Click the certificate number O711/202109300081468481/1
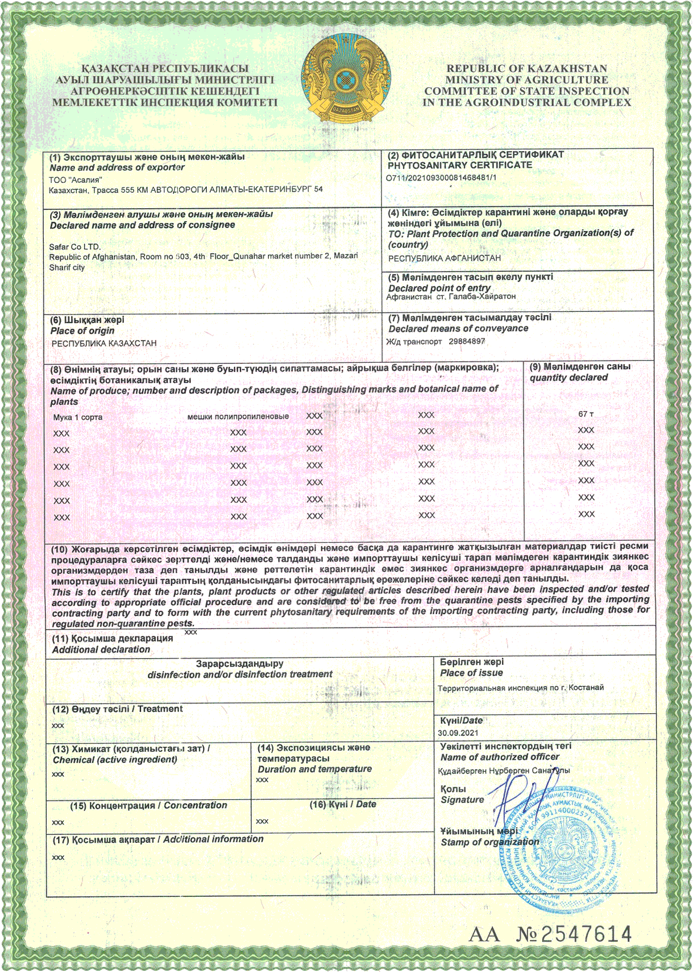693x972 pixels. coord(441,177)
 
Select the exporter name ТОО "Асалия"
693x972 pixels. coord(76,180)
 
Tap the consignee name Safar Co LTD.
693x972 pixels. coord(74,247)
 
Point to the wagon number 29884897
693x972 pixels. coord(467,341)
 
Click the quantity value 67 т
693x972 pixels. coord(586,414)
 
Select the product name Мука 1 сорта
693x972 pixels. coord(78,417)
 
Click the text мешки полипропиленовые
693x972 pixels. coord(238,417)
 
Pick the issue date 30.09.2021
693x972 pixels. coord(458,733)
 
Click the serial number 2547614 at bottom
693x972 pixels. coord(586,934)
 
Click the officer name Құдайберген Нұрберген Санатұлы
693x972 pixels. coord(504,771)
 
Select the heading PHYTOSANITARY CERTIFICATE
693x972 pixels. coord(460,166)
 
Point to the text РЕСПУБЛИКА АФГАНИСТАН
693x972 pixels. coord(445,258)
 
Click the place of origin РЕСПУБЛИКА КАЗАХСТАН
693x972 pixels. coord(104,344)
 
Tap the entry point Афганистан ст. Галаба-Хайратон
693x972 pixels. coord(451,297)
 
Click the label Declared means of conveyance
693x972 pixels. coord(458,329)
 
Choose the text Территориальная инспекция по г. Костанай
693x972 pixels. coord(521,688)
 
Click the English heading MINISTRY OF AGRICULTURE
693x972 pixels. coord(526,80)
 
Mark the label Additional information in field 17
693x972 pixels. coord(213,839)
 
